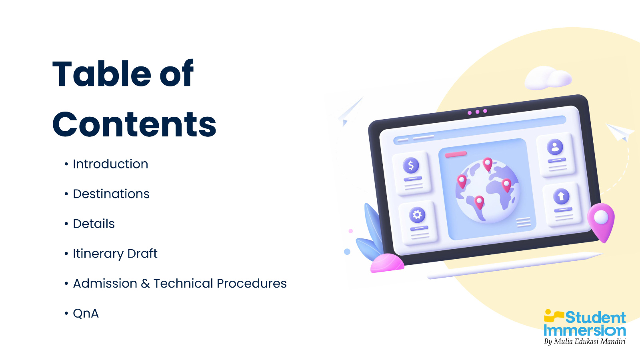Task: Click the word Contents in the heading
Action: coord(134,124)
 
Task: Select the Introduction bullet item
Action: coord(110,164)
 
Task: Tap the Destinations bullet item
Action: coord(111,194)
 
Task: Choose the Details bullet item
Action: coord(94,224)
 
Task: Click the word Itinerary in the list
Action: coord(98,254)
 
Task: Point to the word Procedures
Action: coord(252,284)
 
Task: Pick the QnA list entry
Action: coord(86,314)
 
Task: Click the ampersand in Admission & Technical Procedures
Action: coord(145,284)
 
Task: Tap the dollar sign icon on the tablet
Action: coord(411,165)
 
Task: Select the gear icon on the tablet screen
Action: coord(417,214)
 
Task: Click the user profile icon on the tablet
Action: coord(555,147)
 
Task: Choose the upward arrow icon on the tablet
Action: coord(561,196)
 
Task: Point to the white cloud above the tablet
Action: coord(548,78)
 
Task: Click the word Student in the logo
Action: coord(596,318)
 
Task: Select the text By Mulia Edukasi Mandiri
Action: coord(585,342)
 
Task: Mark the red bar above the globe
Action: coord(456,154)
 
